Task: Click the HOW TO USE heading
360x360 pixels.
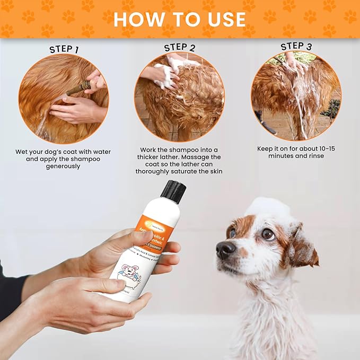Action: point(180,19)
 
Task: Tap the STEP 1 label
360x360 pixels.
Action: point(64,49)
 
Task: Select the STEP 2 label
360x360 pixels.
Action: point(180,48)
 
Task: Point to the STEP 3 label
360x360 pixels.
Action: point(296,46)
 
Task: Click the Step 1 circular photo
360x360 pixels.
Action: point(64,99)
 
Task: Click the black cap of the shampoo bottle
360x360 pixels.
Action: point(173,191)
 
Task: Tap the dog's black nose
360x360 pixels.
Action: point(226,249)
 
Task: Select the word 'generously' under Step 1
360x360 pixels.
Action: point(63,166)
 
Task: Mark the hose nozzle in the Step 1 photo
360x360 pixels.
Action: point(78,88)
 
